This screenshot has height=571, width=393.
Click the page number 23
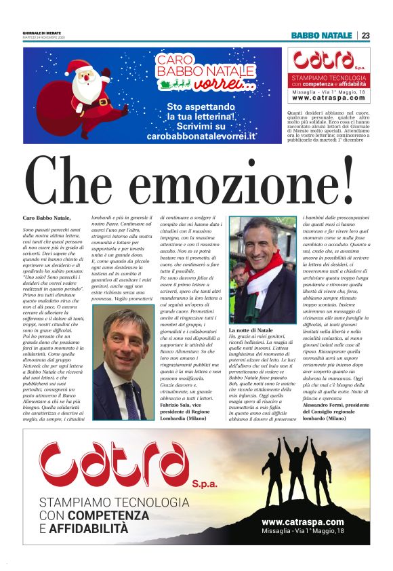click(x=365, y=35)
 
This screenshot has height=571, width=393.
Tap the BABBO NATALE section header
click(x=321, y=35)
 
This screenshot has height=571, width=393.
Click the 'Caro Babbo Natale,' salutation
click(x=47, y=218)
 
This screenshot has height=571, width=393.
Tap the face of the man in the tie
click(x=125, y=335)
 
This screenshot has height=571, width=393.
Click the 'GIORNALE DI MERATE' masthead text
click(x=43, y=33)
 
